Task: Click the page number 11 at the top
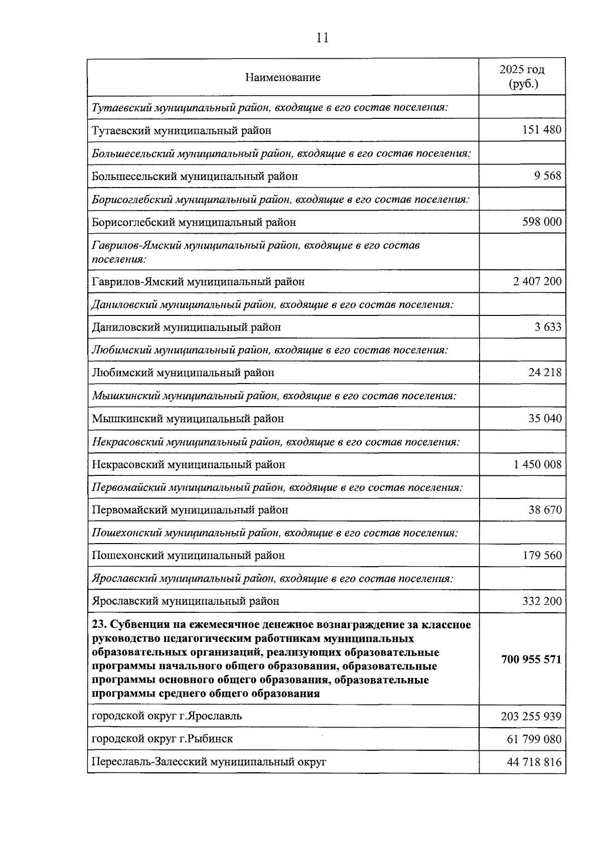coord(323,38)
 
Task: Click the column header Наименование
coord(283,77)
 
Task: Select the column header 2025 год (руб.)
coord(522,77)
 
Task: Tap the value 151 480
coord(542,130)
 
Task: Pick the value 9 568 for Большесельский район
coord(548,176)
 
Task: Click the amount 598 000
coord(542,222)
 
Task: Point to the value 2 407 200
coord(537,281)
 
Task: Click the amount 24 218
coord(545,373)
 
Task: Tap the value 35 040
coord(545,418)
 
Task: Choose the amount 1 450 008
coord(537,464)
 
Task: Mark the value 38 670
coord(545,510)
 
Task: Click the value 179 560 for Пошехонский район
coord(542,555)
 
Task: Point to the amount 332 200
coord(542,601)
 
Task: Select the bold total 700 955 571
coord(531,659)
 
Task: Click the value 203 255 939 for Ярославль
coord(531,716)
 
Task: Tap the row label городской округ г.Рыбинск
coord(162,739)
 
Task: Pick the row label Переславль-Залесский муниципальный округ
coord(209,762)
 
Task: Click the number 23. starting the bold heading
coord(99,625)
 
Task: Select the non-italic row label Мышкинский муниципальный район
coord(188,418)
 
